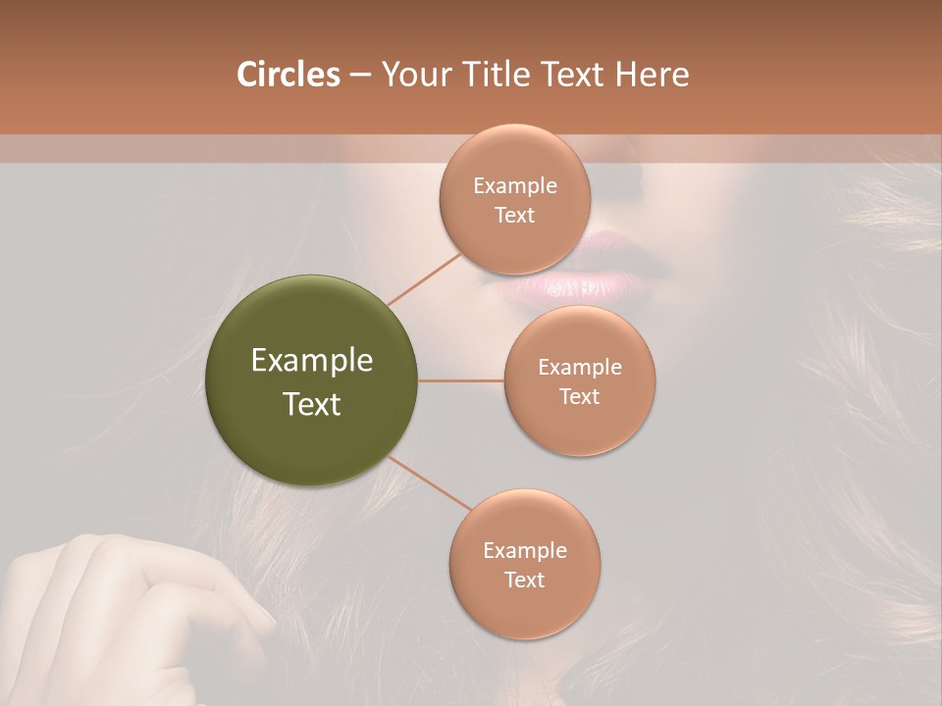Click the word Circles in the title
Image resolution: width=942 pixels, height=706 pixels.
[x=288, y=75]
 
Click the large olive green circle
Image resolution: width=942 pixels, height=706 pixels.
[x=312, y=380]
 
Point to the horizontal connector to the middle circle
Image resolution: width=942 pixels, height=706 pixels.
[x=460, y=380]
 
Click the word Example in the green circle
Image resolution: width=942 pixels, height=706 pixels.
[x=312, y=361]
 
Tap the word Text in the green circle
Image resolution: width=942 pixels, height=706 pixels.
[x=312, y=404]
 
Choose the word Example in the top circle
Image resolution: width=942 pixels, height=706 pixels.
[x=515, y=186]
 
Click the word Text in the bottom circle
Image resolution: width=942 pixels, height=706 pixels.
[x=524, y=580]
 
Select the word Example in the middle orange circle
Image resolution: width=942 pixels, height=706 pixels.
[x=580, y=368]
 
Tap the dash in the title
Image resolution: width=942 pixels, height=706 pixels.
[x=360, y=75]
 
